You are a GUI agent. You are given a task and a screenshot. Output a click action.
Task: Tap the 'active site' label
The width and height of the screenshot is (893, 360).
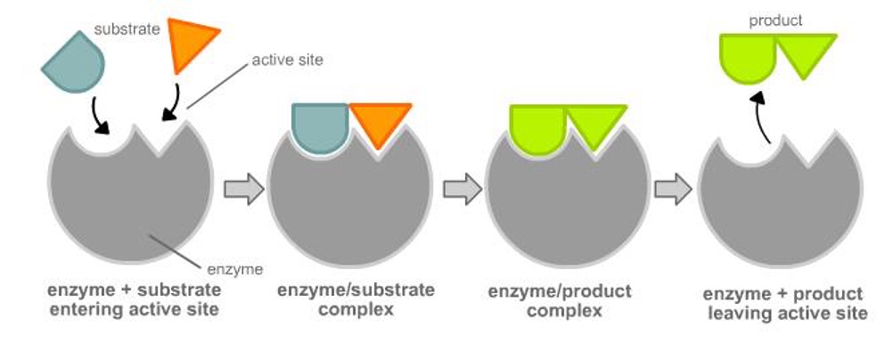click(x=287, y=61)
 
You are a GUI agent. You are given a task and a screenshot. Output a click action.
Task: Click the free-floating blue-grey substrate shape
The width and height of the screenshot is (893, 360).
click(x=73, y=62)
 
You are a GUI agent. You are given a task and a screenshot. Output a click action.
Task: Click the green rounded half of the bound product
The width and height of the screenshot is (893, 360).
click(x=537, y=127)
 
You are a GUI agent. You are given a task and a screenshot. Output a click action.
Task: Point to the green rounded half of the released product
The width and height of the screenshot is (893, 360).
click(x=747, y=55)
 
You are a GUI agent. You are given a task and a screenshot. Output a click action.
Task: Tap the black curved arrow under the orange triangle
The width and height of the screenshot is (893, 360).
click(x=173, y=101)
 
